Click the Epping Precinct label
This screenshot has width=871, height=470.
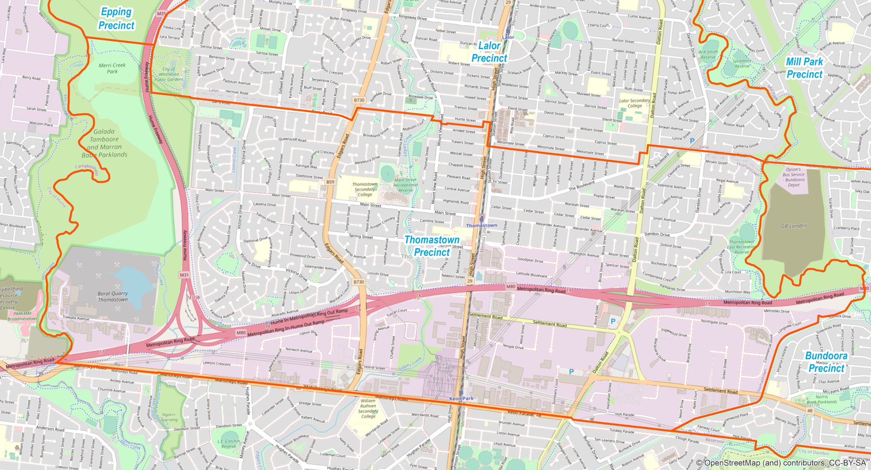(116, 19)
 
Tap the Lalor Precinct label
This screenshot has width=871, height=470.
(489, 52)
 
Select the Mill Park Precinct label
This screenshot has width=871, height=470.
(804, 68)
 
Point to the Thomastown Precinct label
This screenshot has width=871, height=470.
(432, 246)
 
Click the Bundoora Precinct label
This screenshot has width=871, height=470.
(826, 362)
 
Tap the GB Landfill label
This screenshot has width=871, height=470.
(794, 226)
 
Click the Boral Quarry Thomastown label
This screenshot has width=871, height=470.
(113, 296)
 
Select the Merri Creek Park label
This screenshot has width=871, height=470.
(112, 68)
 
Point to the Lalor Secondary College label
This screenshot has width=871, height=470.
(635, 103)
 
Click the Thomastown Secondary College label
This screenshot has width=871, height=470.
(365, 189)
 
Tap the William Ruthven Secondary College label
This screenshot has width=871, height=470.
(368, 408)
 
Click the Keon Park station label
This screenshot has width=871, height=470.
(461, 398)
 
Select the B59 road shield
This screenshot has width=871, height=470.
(330, 182)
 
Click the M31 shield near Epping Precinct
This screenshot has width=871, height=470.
(161, 14)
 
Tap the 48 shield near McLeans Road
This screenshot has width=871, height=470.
(810, 410)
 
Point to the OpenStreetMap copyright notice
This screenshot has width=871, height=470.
(780, 463)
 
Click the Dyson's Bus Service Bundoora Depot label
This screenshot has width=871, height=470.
(793, 177)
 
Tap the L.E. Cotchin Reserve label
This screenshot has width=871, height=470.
(229, 443)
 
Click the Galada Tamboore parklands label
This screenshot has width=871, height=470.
(104, 143)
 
